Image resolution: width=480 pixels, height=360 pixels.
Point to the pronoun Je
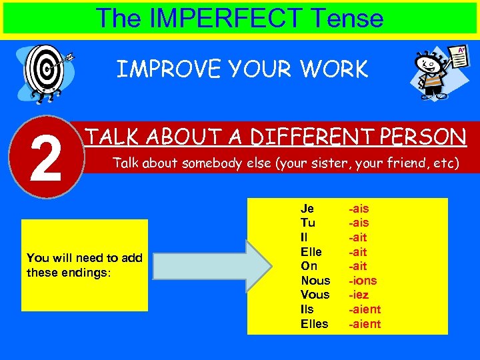[x=307, y=209]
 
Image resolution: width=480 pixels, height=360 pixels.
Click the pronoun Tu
[x=307, y=223]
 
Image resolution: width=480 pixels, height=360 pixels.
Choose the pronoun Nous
[x=315, y=281]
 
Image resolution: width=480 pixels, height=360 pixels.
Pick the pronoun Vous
[x=315, y=295]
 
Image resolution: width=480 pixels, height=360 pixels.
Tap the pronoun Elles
[x=315, y=324]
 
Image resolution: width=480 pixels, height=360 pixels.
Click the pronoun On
[x=309, y=266]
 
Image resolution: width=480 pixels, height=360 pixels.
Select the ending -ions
[x=363, y=281]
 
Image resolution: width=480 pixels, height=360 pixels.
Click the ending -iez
[x=359, y=295]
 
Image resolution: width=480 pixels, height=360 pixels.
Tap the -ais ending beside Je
[x=359, y=209]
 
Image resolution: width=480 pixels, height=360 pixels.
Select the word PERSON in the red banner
[x=423, y=137]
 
